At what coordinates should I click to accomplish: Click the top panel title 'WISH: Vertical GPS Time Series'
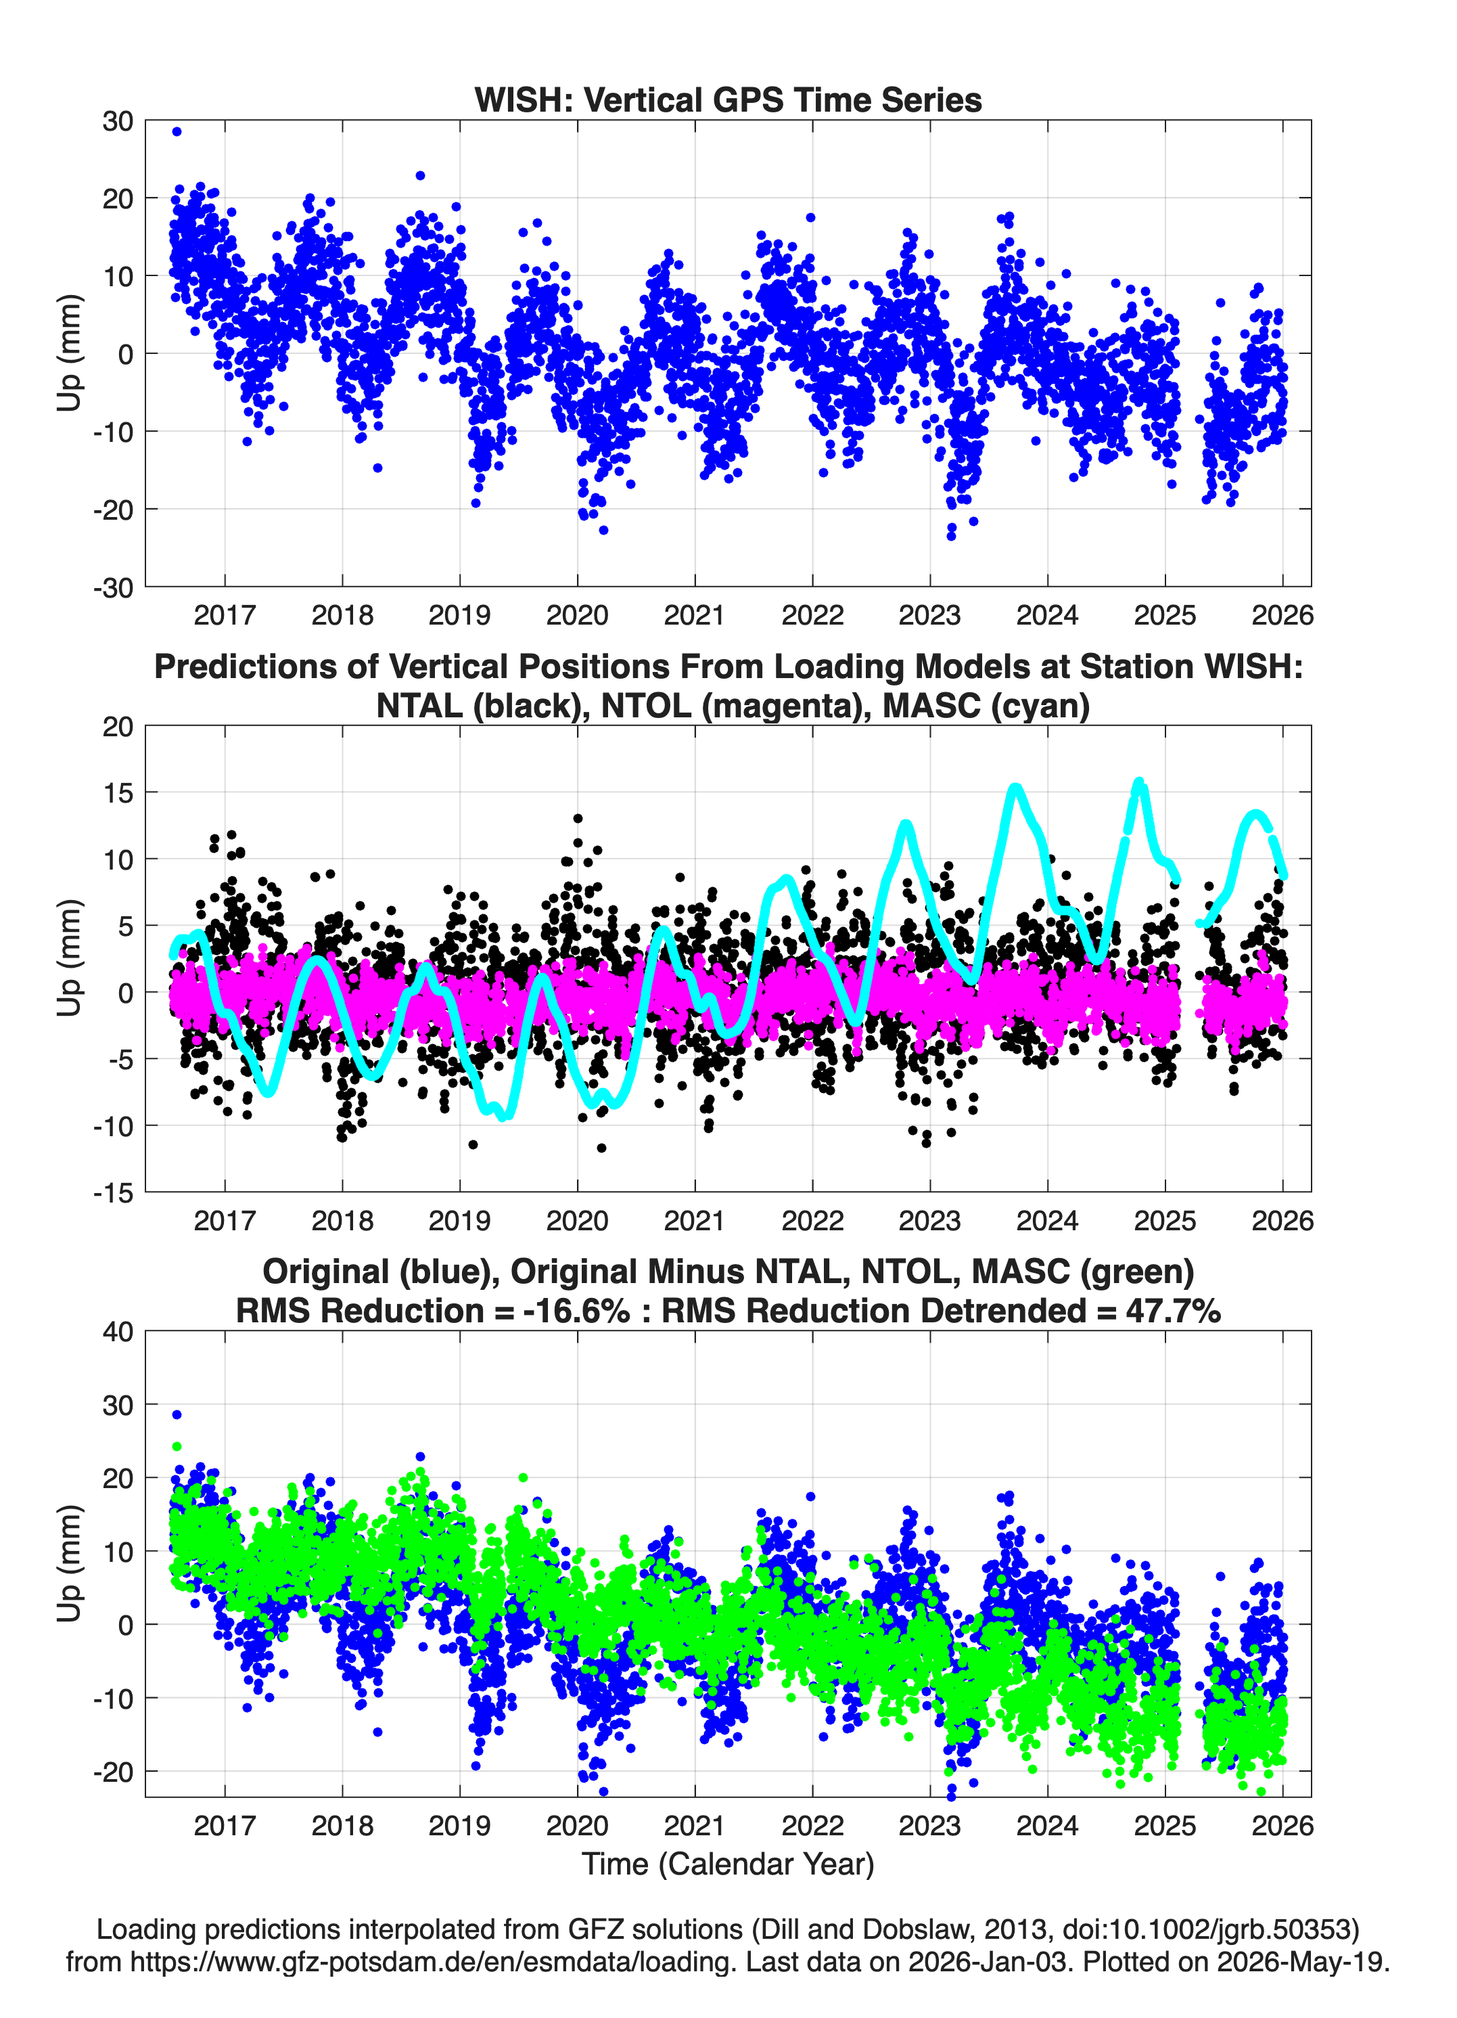pos(728,99)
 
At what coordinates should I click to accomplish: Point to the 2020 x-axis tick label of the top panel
pos(577,615)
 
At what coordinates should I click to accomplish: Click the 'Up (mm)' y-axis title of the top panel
pos(70,353)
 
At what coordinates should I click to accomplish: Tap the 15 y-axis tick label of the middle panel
pos(118,792)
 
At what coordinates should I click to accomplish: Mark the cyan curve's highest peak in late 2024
pos(1140,783)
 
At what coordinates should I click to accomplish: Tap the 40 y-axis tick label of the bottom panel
pos(118,1331)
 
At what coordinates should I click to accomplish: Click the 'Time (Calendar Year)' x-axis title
pos(728,1862)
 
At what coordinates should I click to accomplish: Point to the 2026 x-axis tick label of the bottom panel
pos(1282,1825)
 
